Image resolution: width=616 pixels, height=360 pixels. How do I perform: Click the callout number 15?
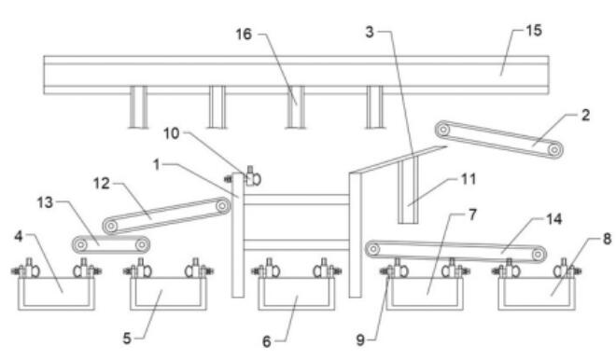pyautogui.click(x=534, y=30)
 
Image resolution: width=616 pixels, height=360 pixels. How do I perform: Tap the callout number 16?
pyautogui.click(x=244, y=35)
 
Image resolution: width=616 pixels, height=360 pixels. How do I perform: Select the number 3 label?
pyautogui.click(x=370, y=32)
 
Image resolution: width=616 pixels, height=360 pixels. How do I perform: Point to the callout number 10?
pyautogui.click(x=172, y=133)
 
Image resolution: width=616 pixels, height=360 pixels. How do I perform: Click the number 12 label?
pyautogui.click(x=102, y=184)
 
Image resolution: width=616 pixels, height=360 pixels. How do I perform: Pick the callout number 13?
pyautogui.click(x=45, y=202)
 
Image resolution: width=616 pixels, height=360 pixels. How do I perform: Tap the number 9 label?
pyautogui.click(x=360, y=340)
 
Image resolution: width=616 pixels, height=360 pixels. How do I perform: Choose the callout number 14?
pyautogui.click(x=553, y=219)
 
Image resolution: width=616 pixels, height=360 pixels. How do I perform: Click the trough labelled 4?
pyautogui.click(x=56, y=294)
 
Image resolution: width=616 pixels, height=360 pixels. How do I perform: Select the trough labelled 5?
pyautogui.click(x=169, y=294)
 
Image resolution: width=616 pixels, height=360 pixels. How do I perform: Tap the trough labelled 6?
pyautogui.click(x=297, y=294)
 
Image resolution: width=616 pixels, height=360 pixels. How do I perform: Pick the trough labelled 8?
pyautogui.click(x=537, y=294)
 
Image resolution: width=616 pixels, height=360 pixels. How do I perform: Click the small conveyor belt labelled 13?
pyautogui.click(x=111, y=244)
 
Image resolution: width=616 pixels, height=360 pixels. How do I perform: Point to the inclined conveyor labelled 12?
pyautogui.click(x=166, y=216)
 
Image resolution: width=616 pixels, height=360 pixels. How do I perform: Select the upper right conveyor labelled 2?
pyautogui.click(x=499, y=139)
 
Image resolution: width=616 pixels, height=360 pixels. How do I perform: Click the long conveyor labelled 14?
pyautogui.click(x=455, y=252)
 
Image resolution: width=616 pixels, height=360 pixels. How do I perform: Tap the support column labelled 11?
pyautogui.click(x=408, y=190)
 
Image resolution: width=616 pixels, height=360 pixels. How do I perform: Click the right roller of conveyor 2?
pyautogui.click(x=553, y=149)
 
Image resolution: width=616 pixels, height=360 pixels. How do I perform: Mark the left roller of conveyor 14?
pyautogui.click(x=372, y=249)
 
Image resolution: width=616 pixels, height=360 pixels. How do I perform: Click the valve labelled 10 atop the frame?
pyautogui.click(x=251, y=176)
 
